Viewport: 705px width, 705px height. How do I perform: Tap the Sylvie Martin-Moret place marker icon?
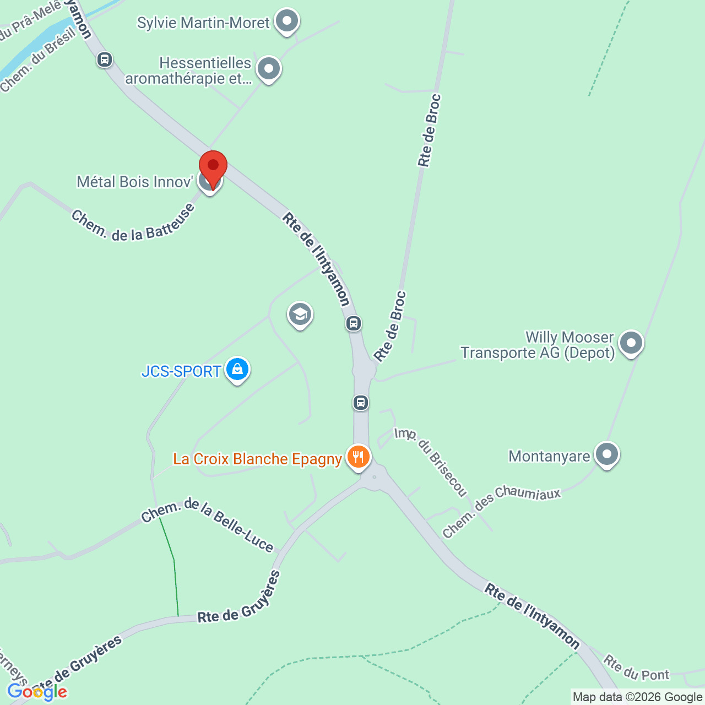286,21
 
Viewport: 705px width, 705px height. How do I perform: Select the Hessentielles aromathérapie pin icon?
269,69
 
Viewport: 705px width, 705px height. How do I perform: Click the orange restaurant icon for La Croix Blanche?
358,457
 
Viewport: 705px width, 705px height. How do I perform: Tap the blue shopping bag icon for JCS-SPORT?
237,369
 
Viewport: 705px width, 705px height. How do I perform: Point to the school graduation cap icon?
300,314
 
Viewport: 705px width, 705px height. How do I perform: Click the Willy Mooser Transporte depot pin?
631,343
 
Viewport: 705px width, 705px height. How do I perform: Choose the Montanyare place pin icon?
607,455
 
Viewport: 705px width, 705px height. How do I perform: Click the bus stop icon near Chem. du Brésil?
105,59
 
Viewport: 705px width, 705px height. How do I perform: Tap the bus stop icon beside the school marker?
354,323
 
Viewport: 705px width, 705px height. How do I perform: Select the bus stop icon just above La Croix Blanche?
361,403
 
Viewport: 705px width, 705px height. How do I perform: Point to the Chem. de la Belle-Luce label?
207,524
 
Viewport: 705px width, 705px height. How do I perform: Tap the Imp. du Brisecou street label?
431,462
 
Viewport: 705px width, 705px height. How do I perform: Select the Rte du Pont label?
636,668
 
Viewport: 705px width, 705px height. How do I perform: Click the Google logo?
37,692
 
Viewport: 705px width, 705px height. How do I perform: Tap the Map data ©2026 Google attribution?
637,697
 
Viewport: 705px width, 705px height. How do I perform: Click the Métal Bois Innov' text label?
135,182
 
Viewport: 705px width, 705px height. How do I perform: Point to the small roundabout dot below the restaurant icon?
375,477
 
